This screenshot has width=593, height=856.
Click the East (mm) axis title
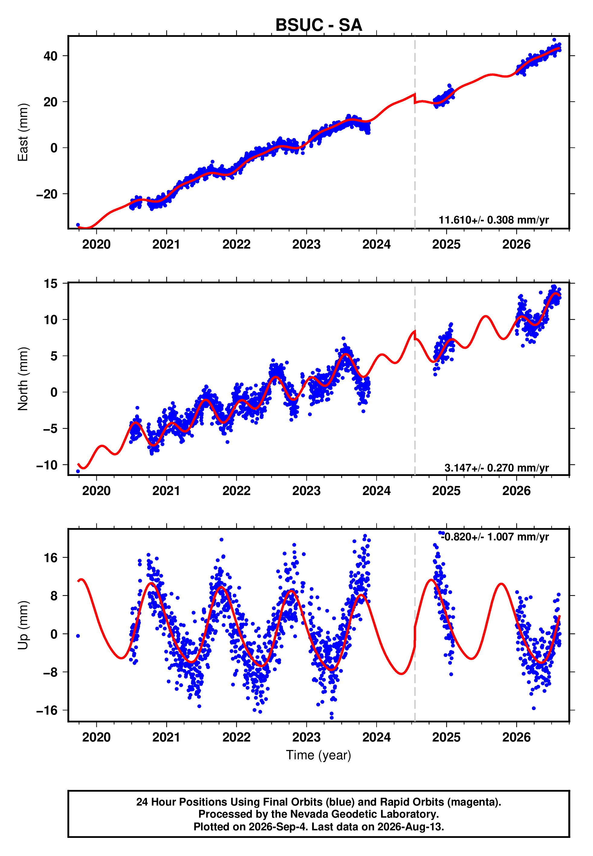[x=23, y=133]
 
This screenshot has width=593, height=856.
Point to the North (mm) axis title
[x=23, y=379]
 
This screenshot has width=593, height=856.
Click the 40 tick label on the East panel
[x=50, y=56]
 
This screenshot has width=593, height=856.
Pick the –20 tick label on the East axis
[x=47, y=194]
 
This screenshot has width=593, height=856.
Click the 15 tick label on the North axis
[x=51, y=284]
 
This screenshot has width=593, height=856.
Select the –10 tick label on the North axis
[x=47, y=465]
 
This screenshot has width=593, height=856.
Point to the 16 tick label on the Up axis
[x=51, y=558]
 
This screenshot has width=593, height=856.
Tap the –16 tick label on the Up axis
[x=47, y=710]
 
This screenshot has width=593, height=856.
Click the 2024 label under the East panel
[x=376, y=244]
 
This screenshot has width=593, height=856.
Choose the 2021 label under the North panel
[x=166, y=491]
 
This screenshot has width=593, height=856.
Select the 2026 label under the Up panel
[x=517, y=737]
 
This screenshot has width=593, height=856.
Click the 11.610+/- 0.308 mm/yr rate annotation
[x=494, y=220]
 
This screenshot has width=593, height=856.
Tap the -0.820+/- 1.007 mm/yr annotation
[x=495, y=537]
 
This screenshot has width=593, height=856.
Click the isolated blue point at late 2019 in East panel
[x=78, y=225]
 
